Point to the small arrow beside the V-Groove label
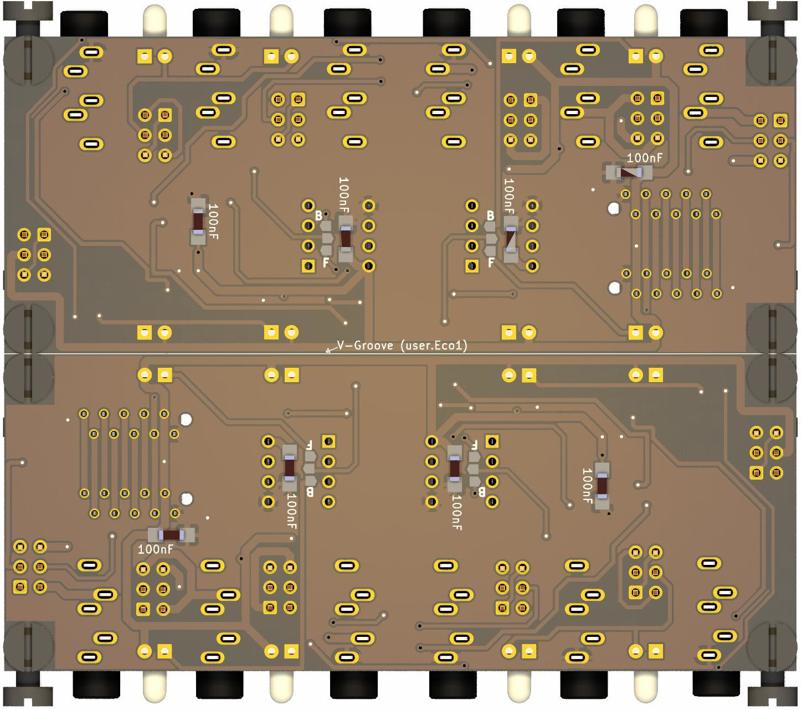coord(330,349)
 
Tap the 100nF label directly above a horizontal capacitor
coord(644,158)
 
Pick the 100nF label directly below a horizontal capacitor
coord(155,549)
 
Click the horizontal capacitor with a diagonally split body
coord(629,173)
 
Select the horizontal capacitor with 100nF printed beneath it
coord(171,535)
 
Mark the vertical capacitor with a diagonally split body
coord(511,239)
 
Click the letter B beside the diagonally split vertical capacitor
coord(490,215)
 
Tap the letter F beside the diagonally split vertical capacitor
coord(491,263)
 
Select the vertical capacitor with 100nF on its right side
coord(198,222)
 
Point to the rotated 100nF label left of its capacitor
coord(587,486)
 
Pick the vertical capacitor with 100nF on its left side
coord(602,486)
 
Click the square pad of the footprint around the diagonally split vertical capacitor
coord(471,266)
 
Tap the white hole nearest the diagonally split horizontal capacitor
coord(613,209)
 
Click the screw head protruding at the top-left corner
coord(28,12)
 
